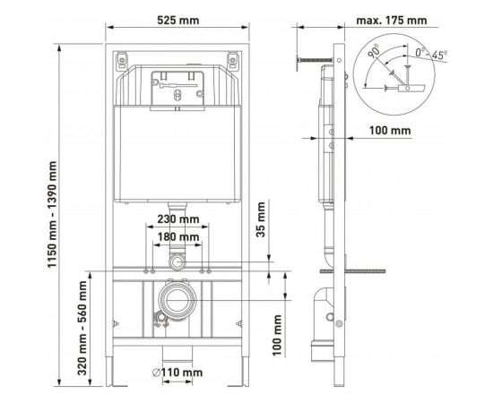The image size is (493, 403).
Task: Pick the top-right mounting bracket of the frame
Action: tap(235, 61)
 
